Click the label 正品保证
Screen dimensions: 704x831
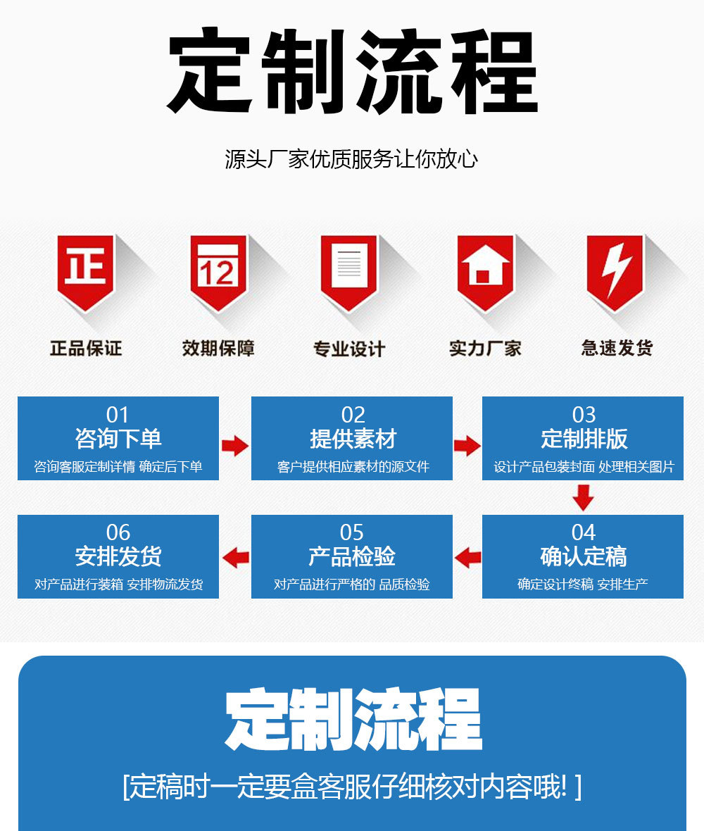(86, 348)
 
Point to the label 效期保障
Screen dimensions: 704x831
(218, 348)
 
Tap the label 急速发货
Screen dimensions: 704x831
(617, 348)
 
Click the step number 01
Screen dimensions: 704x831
(118, 415)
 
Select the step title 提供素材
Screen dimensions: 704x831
(353, 439)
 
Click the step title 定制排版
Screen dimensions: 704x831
(584, 439)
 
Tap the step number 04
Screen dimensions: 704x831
(584, 532)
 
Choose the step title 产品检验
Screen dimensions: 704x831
(352, 556)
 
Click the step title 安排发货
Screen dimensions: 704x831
(118, 556)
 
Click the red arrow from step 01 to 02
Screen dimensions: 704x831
(235, 445)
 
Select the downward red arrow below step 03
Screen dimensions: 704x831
(583, 498)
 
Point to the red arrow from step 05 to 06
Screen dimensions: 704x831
(235, 558)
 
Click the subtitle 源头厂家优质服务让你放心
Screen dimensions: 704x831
(351, 159)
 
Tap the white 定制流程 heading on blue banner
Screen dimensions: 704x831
(353, 720)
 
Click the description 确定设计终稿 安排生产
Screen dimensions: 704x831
(583, 585)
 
